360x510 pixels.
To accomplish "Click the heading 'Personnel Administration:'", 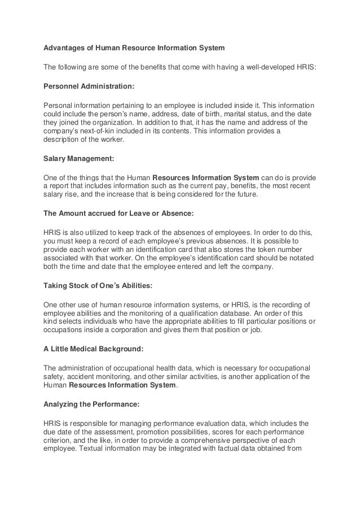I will (x=89, y=87).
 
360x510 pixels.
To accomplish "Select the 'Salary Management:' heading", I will (x=78, y=159).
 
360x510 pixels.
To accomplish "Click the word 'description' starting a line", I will (x=65, y=140).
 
